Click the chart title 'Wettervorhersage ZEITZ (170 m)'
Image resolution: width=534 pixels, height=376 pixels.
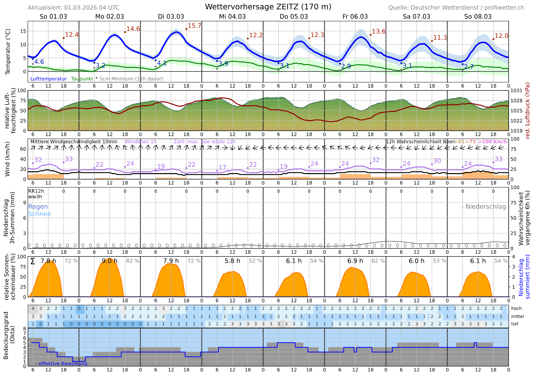(268, 7)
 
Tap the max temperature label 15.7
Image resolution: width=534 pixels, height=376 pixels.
(194, 26)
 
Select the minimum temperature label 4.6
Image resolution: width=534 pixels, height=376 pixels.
(39, 62)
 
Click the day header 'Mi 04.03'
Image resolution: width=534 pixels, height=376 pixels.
(232, 17)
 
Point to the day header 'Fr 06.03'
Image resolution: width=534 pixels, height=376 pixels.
(355, 17)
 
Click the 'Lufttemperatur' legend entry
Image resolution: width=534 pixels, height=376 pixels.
(48, 79)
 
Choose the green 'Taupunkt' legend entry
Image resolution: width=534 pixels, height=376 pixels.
(82, 79)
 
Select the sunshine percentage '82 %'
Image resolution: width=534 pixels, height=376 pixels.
(133, 261)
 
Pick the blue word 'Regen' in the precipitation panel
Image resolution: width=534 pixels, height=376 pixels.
(38, 206)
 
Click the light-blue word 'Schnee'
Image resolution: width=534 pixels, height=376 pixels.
(40, 214)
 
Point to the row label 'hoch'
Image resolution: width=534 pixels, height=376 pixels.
(516, 308)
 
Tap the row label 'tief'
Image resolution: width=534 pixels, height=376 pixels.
(515, 324)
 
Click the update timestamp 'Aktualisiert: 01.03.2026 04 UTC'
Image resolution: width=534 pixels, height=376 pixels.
(74, 8)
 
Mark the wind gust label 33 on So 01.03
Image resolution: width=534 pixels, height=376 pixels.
(69, 159)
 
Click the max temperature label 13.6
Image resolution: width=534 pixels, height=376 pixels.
(379, 32)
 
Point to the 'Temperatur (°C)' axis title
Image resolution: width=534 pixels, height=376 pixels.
(8, 52)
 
